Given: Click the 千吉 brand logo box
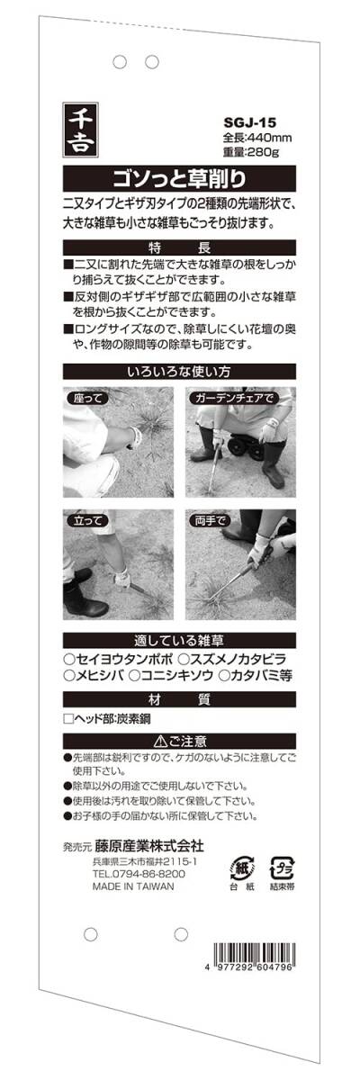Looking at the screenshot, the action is pyautogui.click(x=80, y=130).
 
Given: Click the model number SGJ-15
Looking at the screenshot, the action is pyautogui.click(x=249, y=123).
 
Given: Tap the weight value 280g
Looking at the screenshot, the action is pyautogui.click(x=264, y=152).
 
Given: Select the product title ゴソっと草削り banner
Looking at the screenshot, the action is pyautogui.click(x=179, y=179).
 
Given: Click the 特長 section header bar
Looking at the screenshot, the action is pyautogui.click(x=179, y=248).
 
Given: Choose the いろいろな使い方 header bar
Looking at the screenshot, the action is pyautogui.click(x=179, y=372).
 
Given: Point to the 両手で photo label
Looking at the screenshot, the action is pyautogui.click(x=211, y=521).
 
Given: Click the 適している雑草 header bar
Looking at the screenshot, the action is pyautogui.click(x=179, y=641).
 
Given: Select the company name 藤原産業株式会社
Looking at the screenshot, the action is pyautogui.click(x=148, y=846).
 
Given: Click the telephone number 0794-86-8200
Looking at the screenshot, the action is pyautogui.click(x=147, y=874).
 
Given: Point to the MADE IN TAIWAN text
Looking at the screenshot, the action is pyautogui.click(x=133, y=886).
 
